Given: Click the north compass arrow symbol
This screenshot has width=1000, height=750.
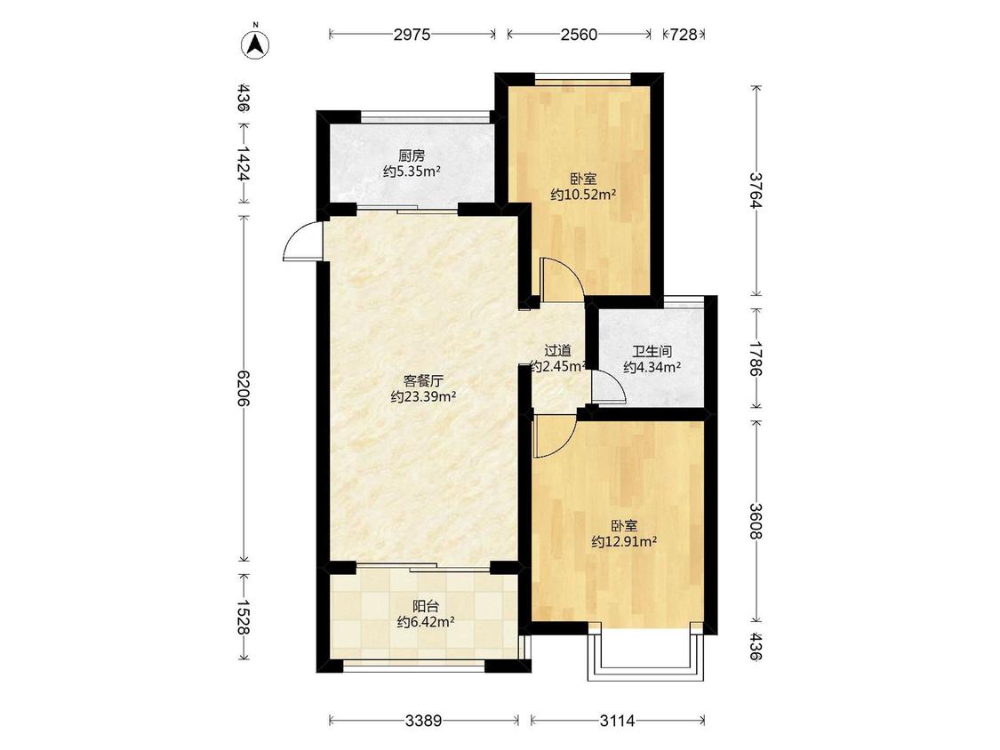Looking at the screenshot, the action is point(255,44).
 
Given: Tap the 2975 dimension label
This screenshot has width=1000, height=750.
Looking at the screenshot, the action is point(412,35).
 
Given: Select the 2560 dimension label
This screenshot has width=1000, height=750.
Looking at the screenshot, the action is point(579,35).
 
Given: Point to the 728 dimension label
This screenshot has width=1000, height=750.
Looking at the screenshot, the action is point(684,35).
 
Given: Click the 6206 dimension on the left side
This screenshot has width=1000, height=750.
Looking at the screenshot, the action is point(244,387).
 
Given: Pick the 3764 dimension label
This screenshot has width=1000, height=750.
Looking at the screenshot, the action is point(756,191).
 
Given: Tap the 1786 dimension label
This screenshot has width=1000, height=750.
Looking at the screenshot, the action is point(756,358).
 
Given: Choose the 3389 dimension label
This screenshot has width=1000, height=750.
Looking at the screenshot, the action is point(423,722).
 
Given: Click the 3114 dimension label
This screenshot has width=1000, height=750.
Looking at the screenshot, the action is point(618,722).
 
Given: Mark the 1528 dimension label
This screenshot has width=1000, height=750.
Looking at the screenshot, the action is point(244,617).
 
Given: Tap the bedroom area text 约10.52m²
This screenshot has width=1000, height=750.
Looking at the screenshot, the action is point(583,195).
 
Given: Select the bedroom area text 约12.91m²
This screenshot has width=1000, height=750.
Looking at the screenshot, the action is point(624,542).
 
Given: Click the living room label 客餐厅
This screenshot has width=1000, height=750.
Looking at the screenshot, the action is point(423,381).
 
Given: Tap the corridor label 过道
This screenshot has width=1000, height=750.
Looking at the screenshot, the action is point(557,351).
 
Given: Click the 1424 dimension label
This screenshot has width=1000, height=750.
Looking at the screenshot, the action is point(244,164).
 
